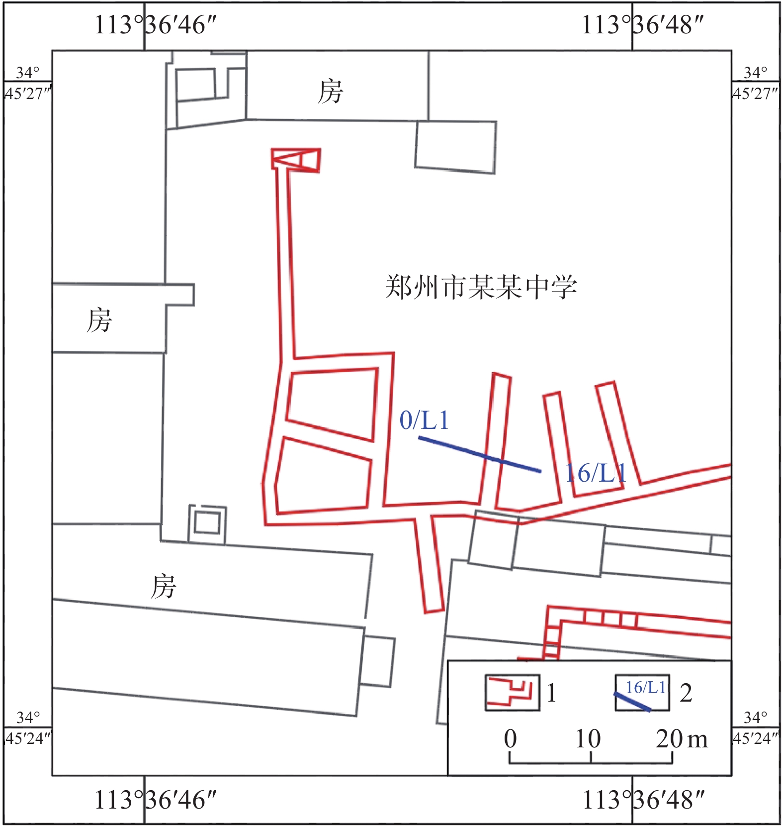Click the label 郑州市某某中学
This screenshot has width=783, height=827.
[x=481, y=287]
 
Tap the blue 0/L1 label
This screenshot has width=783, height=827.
[x=424, y=420]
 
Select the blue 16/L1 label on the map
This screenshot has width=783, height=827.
[x=595, y=473]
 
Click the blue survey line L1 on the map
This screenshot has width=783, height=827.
[x=480, y=454]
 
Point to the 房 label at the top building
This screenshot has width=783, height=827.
[x=330, y=92]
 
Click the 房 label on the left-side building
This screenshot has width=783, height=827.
[x=99, y=320]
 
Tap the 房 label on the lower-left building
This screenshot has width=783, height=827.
[x=163, y=586]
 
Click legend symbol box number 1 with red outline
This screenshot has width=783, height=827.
[x=513, y=692]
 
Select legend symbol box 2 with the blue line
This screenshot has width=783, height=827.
[x=642, y=692]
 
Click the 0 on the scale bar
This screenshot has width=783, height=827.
[x=510, y=738]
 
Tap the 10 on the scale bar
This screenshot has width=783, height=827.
[x=588, y=738]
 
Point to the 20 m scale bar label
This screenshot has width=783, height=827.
[x=682, y=738]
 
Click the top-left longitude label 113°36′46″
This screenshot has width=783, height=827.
[x=156, y=24]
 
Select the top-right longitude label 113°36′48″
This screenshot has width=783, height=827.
[x=643, y=24]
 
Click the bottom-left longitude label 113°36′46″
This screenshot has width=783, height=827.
[x=156, y=800]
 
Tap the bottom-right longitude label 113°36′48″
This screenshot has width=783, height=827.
[x=643, y=800]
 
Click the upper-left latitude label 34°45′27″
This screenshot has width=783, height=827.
[x=28, y=83]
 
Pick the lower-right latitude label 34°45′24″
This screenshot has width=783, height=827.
[x=756, y=727]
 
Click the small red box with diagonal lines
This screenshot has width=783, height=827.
[x=296, y=159]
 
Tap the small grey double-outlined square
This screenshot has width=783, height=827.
[x=207, y=524]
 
